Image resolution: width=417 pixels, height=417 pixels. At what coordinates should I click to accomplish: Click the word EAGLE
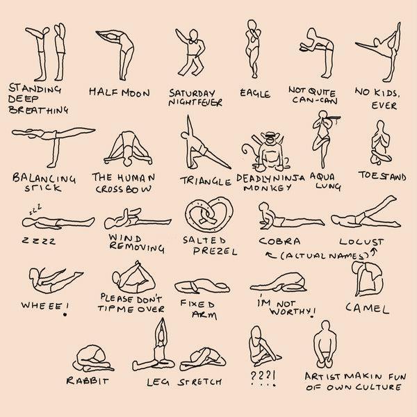pos(255,93)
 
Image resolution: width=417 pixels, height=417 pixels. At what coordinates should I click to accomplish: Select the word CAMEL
pos(367,309)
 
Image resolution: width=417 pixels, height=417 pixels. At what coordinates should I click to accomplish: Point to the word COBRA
pos(279,241)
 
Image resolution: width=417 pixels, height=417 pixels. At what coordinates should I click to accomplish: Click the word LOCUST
pos(361,242)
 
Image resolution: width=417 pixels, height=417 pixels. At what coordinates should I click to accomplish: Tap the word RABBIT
pos(88,381)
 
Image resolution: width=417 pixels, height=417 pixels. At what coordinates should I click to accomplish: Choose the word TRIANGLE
pos(206,181)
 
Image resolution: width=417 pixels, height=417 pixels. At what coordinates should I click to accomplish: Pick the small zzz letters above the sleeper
pos(35,209)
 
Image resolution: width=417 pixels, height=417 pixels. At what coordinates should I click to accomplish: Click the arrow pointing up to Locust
pos(374,252)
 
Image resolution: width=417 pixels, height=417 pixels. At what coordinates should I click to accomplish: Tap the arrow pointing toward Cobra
pos(271,255)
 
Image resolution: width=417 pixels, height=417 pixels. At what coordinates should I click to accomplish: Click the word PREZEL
pos(215,251)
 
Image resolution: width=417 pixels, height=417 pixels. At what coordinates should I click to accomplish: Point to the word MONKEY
pos(268,188)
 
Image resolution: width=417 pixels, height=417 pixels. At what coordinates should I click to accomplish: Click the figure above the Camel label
pos(368,279)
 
